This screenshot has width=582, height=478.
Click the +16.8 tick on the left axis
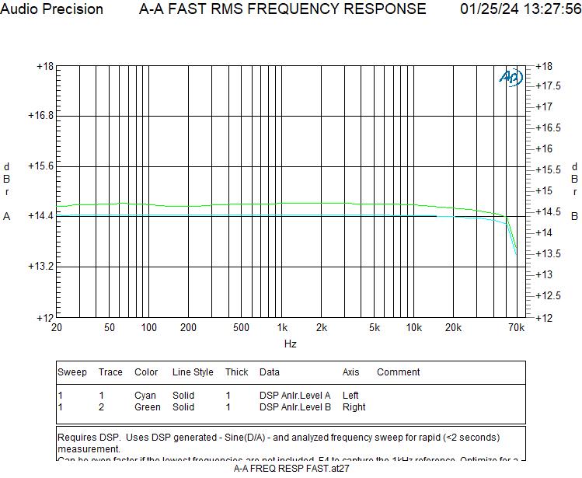coord(40,116)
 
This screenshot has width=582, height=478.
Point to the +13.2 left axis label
coord(40,266)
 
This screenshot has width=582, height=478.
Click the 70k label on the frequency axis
coord(516,328)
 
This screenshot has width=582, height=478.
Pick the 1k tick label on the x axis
coord(282,328)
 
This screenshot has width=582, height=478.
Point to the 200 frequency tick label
coord(188,328)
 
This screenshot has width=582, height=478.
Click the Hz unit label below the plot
coord(290,344)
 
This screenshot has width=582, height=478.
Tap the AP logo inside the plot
coord(511,78)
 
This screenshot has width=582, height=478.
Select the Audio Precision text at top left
coord(52,9)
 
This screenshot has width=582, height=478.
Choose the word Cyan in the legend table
coord(145,396)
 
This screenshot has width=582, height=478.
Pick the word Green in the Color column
coord(148,407)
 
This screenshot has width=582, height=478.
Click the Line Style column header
coord(193,372)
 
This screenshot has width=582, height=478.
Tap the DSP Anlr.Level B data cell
coord(295,407)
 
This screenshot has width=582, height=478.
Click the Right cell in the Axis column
coord(354,407)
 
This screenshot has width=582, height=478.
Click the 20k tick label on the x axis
coord(454,328)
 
